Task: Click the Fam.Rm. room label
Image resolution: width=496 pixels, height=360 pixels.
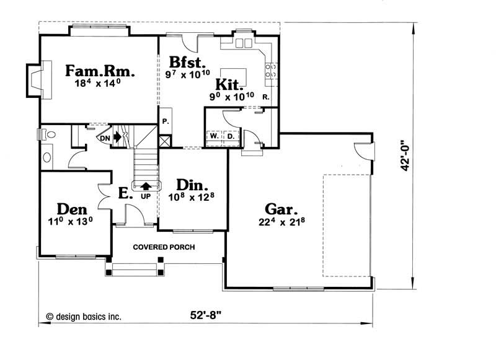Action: click(x=100, y=71)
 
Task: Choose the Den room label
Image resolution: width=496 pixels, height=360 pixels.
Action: click(x=72, y=209)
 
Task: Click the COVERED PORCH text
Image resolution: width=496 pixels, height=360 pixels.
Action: click(x=164, y=247)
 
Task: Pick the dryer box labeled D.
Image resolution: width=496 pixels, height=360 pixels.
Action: click(x=230, y=136)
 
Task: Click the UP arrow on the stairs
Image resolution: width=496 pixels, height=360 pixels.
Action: click(x=146, y=185)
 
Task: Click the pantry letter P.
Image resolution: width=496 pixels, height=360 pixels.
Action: click(x=166, y=121)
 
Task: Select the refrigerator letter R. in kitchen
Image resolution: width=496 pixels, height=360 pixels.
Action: click(x=265, y=98)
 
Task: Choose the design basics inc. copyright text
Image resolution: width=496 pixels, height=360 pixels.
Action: click(x=83, y=316)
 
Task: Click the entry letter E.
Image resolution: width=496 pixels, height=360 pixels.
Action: click(x=123, y=194)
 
